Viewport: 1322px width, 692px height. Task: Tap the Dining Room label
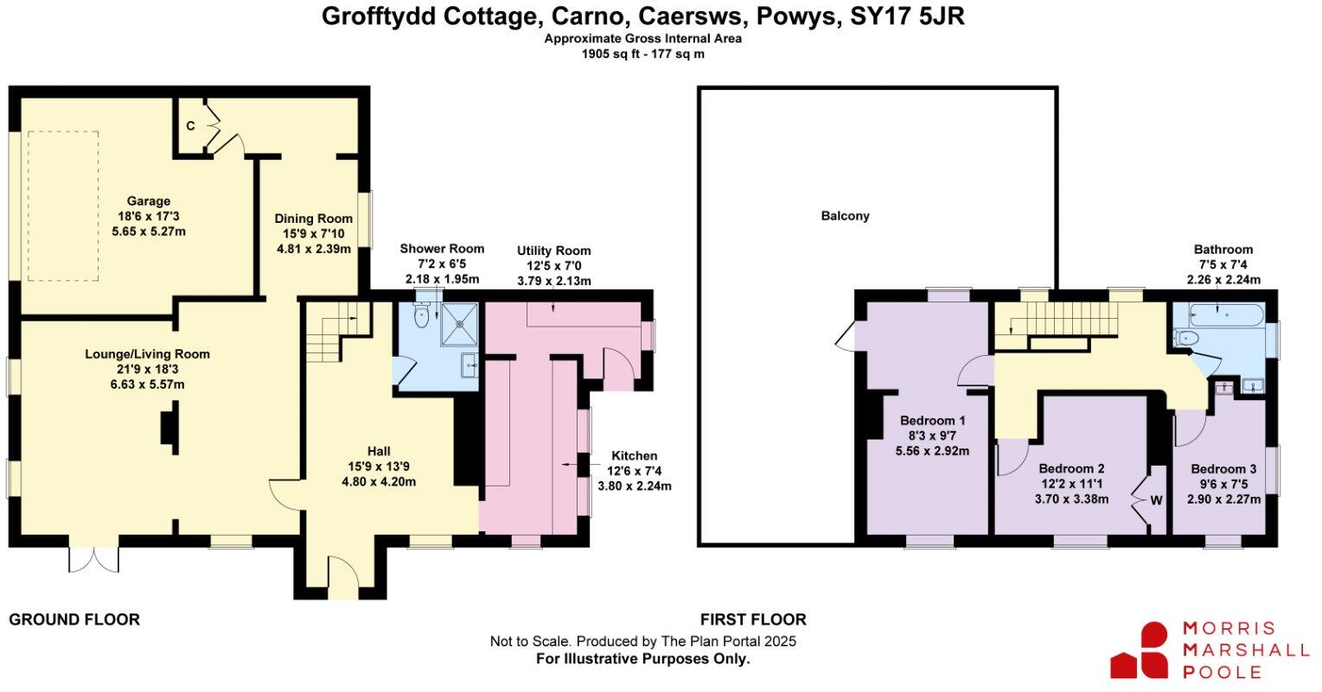tap(313, 219)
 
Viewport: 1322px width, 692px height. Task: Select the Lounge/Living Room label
tap(147, 354)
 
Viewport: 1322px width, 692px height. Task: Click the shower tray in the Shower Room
tap(461, 324)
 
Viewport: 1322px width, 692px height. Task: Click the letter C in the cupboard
tap(190, 126)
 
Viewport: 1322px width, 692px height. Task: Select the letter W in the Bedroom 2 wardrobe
tap(1156, 500)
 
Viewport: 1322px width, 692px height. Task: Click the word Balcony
tap(845, 216)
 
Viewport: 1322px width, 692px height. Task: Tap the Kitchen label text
tap(635, 456)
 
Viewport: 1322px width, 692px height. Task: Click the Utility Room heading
tap(554, 250)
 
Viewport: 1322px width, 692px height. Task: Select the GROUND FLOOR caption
tap(74, 619)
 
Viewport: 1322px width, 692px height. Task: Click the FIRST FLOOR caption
tap(753, 619)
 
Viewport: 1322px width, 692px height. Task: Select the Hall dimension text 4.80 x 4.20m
tap(379, 481)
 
